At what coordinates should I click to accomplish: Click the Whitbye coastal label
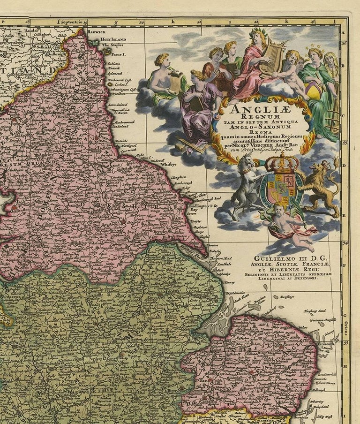tap(168, 165)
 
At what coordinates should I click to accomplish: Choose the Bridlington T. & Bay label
tap(200, 207)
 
